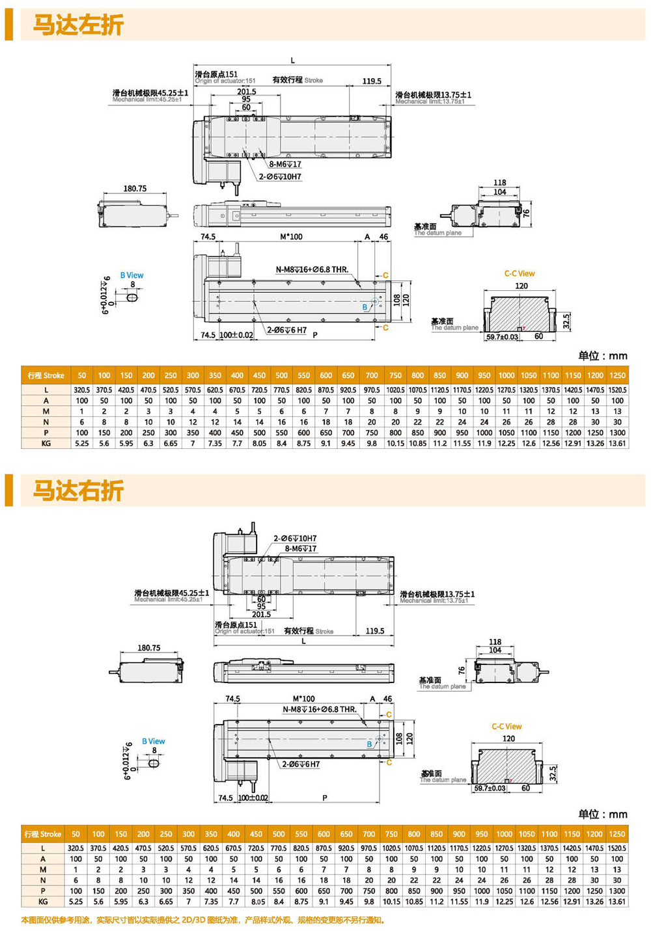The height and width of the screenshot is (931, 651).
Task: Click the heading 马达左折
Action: [x=78, y=25]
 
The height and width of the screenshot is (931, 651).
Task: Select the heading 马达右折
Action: [x=78, y=491]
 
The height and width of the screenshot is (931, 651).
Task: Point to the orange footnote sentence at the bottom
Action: [x=202, y=920]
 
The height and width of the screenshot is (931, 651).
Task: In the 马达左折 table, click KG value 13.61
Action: [x=617, y=444]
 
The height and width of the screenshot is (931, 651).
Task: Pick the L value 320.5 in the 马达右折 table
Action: [x=76, y=848]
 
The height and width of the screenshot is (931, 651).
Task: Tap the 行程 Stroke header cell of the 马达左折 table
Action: [x=46, y=375]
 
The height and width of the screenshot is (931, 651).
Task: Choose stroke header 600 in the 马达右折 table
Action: [x=324, y=834]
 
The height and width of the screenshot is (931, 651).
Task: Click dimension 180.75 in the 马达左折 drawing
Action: [x=135, y=189]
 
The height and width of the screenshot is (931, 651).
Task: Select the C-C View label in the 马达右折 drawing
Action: [x=506, y=727]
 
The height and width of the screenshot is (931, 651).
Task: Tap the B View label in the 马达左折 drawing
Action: [x=132, y=275]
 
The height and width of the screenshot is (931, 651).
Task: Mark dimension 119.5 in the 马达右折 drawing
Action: [x=375, y=631]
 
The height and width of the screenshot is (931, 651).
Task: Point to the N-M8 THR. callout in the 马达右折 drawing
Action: [x=320, y=709]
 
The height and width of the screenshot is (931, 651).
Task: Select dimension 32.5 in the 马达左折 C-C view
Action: [x=566, y=321]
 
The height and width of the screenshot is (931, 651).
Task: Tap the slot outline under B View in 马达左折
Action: [x=132, y=296]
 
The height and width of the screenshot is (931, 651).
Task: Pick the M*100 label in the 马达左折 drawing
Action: [x=291, y=237]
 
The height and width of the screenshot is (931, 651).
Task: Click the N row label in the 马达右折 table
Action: [x=44, y=880]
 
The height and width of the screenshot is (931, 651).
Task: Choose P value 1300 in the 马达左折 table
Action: [x=617, y=433]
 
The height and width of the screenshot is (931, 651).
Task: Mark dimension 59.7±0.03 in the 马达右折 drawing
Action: [x=490, y=789]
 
